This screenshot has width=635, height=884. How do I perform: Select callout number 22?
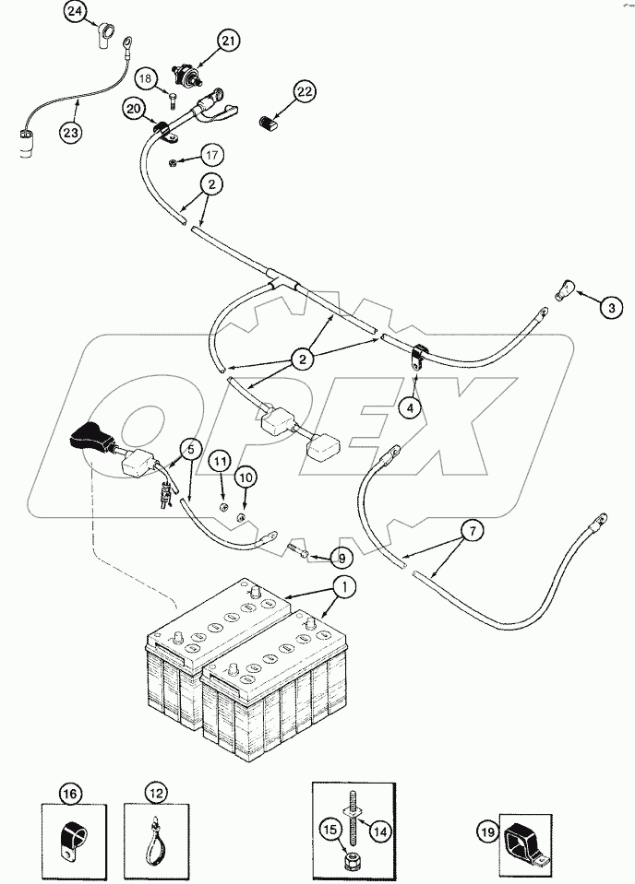click(306, 91)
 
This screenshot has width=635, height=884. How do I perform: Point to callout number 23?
click(71, 132)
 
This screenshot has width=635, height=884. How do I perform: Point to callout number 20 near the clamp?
click(135, 109)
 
